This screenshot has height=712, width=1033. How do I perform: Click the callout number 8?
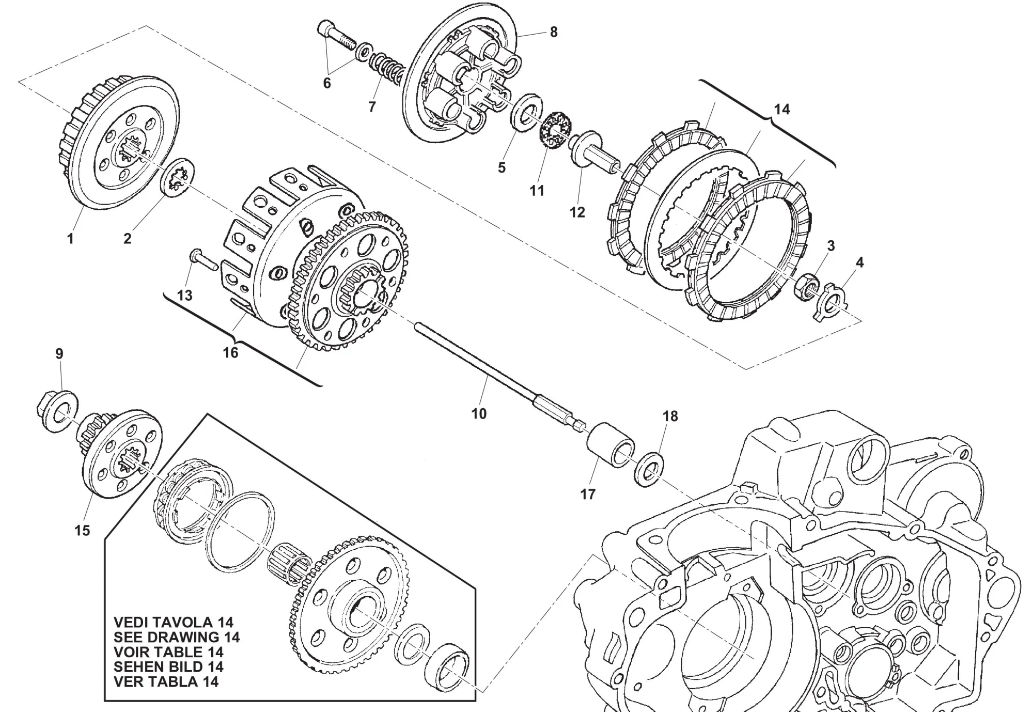554,32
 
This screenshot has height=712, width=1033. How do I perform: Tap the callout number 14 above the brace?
781,109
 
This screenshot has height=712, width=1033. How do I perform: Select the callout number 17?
588,494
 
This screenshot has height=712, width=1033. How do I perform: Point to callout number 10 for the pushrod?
479,413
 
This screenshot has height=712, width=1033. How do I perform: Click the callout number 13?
184,295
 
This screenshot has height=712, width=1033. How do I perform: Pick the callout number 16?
230,352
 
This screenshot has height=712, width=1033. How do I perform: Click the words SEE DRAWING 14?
177,637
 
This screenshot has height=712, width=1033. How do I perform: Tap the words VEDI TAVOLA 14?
173,622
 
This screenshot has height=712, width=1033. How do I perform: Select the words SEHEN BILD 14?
168,667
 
